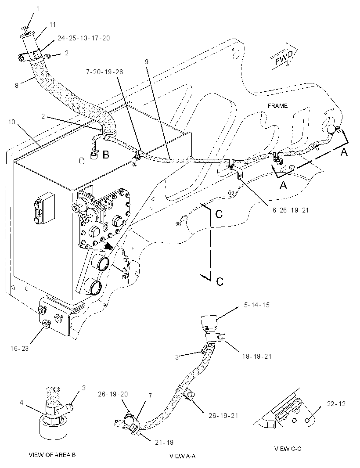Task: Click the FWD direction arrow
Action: [x=284, y=57]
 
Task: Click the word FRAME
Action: [x=277, y=106]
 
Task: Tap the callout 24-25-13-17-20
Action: [x=83, y=38]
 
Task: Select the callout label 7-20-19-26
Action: [x=104, y=72]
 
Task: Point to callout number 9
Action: [x=147, y=62]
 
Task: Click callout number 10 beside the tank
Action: [x=11, y=122]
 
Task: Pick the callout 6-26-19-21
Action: [x=291, y=210]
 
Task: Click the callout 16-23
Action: [x=19, y=348]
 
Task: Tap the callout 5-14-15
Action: [x=257, y=305]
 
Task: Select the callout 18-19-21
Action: [x=257, y=356]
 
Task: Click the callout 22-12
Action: [x=336, y=404]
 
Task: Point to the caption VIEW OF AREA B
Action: [x=52, y=455]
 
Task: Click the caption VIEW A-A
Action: [x=182, y=456]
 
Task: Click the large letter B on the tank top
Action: [x=106, y=155]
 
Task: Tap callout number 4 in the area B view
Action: [x=22, y=403]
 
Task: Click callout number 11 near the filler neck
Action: [x=53, y=25]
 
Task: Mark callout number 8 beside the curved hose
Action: [x=17, y=86]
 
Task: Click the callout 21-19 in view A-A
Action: [x=164, y=443]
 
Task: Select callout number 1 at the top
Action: [x=38, y=9]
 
